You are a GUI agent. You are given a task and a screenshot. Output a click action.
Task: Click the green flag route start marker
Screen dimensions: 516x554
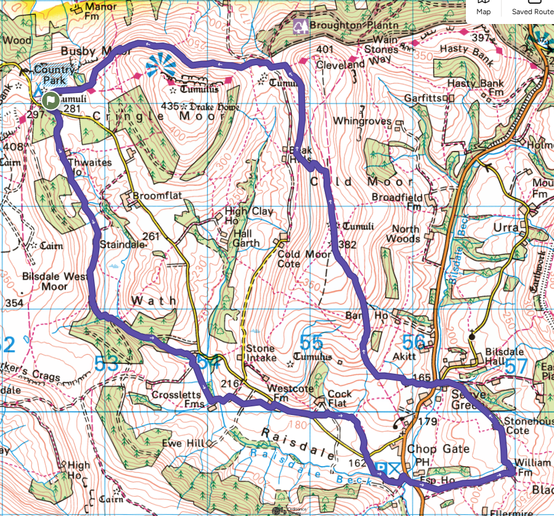pos(51,100)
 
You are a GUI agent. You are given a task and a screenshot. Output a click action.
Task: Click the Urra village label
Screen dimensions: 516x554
pos(507,227)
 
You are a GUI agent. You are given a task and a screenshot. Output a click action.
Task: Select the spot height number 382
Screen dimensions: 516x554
pos(348,245)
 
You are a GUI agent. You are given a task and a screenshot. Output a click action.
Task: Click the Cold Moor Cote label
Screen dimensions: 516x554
pos(296,259)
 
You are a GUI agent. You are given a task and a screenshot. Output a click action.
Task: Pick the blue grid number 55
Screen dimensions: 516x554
pos(311,343)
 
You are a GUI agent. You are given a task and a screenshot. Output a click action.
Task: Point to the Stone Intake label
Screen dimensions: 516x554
pos(261,353)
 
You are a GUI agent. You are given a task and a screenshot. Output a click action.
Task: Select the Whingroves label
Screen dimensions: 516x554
pos(362,121)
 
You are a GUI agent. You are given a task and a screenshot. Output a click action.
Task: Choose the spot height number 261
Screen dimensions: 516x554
pos(151,236)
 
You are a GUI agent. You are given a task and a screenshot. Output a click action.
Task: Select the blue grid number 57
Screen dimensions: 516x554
pos(516,366)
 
